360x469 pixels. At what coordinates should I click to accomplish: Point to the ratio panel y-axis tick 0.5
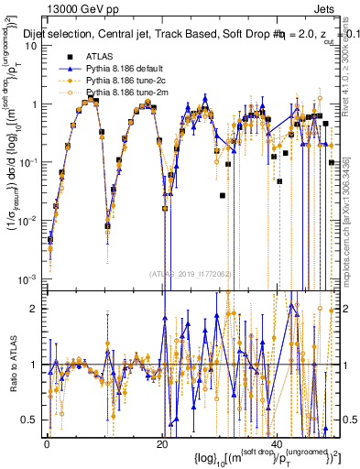click(x=31, y=420)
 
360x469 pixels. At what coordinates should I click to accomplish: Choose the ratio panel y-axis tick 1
click(x=35, y=365)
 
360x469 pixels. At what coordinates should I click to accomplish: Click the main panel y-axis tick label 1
click(x=35, y=104)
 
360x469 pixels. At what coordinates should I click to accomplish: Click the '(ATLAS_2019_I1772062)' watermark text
click(x=190, y=273)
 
